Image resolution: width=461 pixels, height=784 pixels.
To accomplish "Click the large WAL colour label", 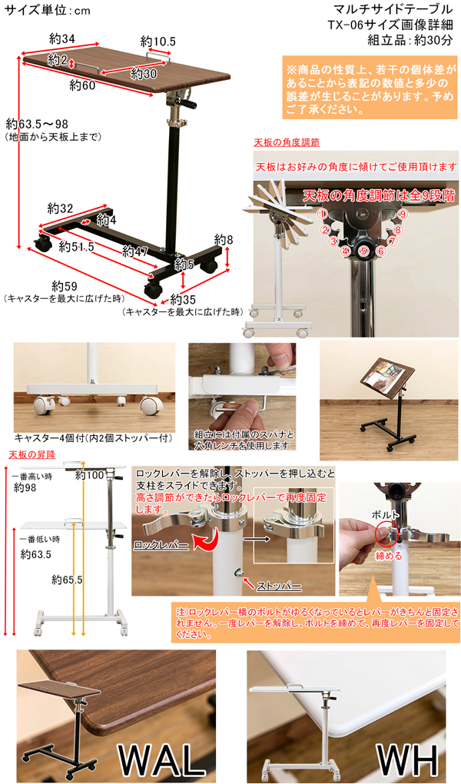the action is [161, 760].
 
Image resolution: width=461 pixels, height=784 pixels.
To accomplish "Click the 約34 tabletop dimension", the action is [62, 39].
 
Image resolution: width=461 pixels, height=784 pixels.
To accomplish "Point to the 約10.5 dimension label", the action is [158, 42].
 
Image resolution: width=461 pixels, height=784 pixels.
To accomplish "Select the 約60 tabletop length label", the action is [82, 85].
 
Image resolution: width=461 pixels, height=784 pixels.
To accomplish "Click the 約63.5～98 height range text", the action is [37, 124].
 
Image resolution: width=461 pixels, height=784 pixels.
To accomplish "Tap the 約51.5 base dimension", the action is [77, 247].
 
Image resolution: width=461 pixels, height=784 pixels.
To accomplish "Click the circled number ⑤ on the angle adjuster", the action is [363, 251].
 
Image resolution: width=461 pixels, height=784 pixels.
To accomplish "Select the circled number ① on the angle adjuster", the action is [323, 214].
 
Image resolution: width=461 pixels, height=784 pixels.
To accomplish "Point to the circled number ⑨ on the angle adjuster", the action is [404, 214].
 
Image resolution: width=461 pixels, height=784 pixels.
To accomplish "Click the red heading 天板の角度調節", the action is [287, 142].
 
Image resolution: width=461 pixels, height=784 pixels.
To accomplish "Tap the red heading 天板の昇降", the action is [32, 454].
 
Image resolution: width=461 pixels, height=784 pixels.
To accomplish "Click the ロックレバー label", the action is [161, 545].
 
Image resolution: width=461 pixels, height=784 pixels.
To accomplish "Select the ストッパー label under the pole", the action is [279, 586].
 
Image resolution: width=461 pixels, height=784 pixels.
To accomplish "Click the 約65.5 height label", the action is [67, 580].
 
